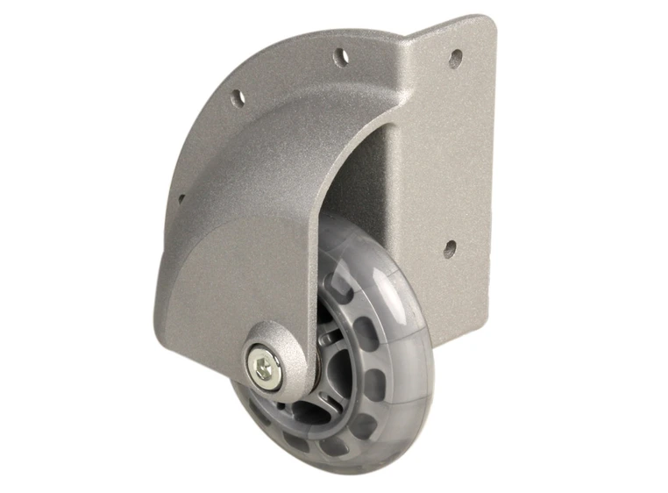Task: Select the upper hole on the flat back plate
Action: (x=455, y=59)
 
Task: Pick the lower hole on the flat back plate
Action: (x=450, y=249)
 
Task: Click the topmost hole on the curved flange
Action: (x=340, y=57)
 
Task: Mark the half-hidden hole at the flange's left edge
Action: (x=181, y=199)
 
